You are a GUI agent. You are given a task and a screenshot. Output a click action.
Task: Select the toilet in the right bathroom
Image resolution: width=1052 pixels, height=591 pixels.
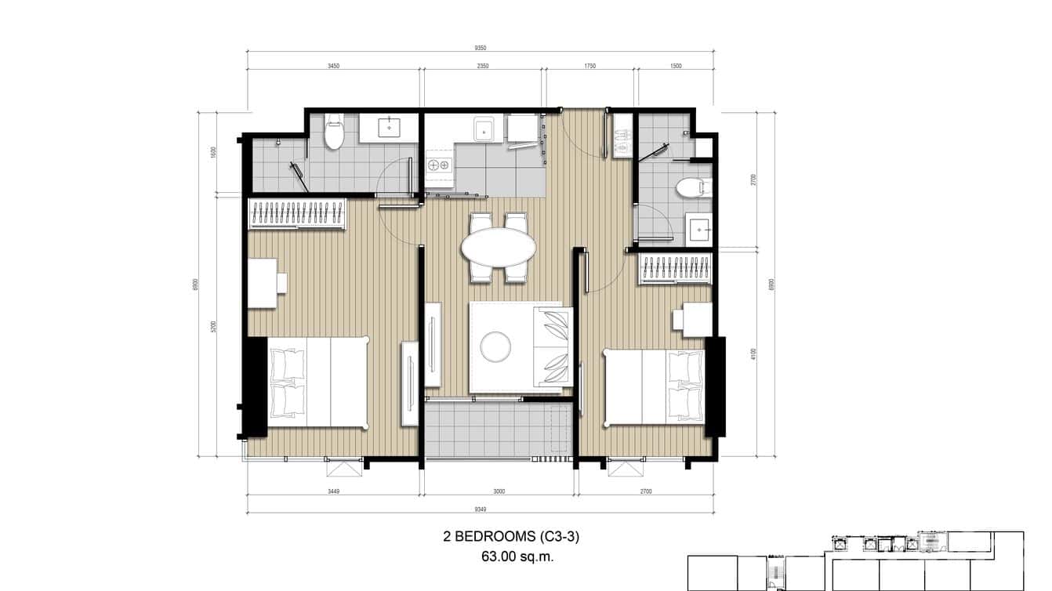(691, 188)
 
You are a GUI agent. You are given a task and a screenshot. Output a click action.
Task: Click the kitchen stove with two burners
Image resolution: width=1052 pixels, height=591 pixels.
(437, 165)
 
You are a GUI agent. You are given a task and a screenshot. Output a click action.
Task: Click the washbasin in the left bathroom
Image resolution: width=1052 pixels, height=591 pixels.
(389, 128)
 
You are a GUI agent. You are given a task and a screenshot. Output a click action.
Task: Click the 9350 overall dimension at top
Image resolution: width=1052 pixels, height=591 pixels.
(480, 47)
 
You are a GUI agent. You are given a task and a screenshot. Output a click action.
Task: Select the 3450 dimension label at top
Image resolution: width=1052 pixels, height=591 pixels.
(333, 66)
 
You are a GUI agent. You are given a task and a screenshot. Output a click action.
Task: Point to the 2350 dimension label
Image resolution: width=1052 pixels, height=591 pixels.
(483, 66)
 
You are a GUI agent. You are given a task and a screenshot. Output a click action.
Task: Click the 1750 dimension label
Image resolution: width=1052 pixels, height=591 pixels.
(589, 66)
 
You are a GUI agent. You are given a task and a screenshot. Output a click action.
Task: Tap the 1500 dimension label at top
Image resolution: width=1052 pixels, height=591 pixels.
(676, 66)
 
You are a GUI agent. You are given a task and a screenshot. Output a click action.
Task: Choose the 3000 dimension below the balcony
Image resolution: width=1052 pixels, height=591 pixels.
(499, 491)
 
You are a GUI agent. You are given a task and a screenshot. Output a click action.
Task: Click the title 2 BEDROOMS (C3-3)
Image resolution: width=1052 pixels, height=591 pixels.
(511, 537)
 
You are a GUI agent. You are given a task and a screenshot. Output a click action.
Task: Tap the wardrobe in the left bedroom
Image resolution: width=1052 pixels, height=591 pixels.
(297, 214)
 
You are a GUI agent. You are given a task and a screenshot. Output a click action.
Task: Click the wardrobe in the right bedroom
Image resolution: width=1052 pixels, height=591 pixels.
(675, 269)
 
